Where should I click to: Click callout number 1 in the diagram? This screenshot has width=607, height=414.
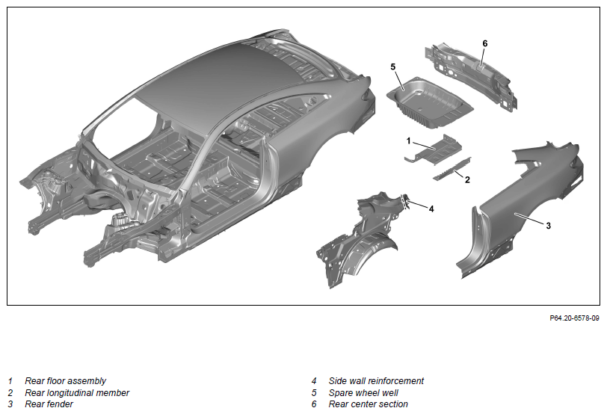tap(408, 141)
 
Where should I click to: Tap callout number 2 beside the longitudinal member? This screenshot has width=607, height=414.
tap(467, 180)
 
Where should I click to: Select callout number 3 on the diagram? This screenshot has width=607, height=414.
tap(548, 226)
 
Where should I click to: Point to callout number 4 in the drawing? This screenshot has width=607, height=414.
tap(431, 209)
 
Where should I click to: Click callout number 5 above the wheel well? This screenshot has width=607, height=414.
tap(393, 67)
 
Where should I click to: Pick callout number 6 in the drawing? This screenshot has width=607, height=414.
tap(485, 44)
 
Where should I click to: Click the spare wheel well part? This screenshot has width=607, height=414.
tap(430, 102)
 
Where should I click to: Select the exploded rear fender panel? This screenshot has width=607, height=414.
tap(521, 209)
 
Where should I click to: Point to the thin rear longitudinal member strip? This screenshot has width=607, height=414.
tap(452, 168)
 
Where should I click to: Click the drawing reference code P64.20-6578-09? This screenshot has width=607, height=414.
tap(574, 318)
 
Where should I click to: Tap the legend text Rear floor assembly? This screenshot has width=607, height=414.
tap(66, 381)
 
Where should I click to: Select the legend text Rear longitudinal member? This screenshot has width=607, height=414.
tap(77, 393)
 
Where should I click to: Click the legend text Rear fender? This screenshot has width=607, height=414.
tap(49, 404)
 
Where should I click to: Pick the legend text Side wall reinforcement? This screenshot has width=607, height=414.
tap(376, 381)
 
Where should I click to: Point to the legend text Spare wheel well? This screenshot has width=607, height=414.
tap(363, 393)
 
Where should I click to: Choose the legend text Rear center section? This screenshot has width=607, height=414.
tap(368, 404)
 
